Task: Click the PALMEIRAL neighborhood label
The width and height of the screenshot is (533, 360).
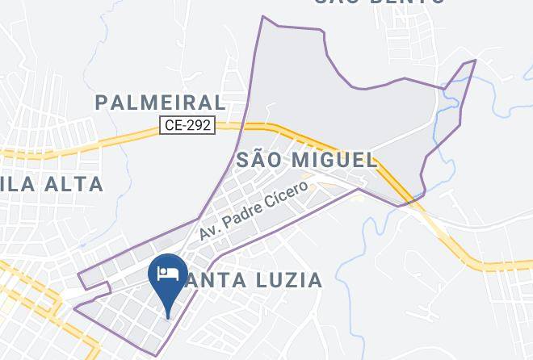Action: tap(160, 103)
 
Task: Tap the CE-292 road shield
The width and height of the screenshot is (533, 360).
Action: tap(187, 125)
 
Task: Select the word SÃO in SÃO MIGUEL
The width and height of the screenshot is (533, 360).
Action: tap(259, 160)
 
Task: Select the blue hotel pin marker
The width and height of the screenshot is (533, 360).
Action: tap(168, 279)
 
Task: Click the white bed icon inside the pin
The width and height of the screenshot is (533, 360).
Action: tap(168, 272)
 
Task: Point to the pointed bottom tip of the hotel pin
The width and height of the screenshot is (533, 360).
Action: tap(168, 317)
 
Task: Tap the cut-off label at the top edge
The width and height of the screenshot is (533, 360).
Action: tap(380, 2)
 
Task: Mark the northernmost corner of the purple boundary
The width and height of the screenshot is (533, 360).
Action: tap(262, 16)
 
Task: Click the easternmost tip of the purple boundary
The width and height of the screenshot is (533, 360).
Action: tap(476, 60)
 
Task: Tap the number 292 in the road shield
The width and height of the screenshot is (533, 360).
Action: tap(199, 125)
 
